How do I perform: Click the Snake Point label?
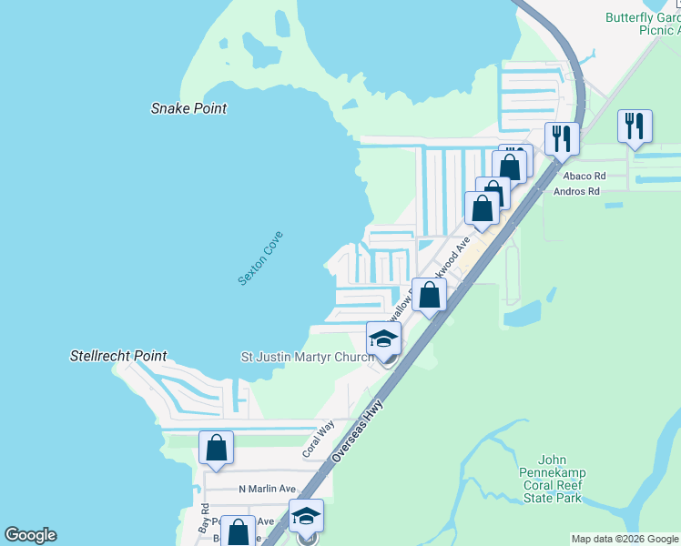188,108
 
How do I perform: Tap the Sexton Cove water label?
260,258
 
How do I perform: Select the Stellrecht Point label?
118,356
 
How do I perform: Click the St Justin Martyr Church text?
307,357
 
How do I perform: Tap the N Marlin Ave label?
268,489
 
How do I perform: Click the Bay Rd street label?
205,518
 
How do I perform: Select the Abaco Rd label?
584,176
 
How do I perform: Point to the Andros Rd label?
577,192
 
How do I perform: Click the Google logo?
31,535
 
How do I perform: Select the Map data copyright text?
624,539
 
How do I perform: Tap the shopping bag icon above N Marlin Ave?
216,448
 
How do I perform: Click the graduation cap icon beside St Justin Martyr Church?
384,339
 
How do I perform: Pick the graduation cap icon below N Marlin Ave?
307,516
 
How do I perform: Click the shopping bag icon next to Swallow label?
430,295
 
